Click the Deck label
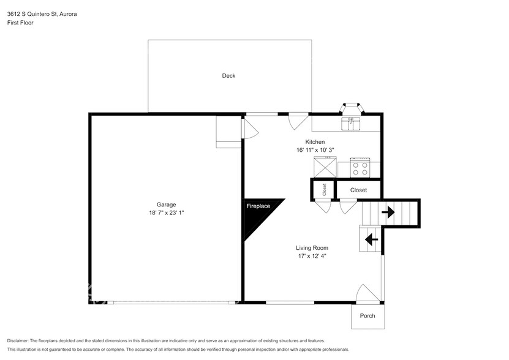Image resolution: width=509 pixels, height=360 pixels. click(x=228, y=76)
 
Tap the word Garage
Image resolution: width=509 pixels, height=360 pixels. click(x=166, y=204)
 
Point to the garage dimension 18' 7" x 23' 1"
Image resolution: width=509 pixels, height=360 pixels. click(x=166, y=213)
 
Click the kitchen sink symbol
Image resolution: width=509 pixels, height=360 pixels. click(x=352, y=123)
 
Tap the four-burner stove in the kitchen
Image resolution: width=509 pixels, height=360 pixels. click(x=360, y=167)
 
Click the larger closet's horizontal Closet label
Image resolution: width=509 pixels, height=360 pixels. click(x=358, y=190)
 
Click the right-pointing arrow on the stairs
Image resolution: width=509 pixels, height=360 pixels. click(x=388, y=212)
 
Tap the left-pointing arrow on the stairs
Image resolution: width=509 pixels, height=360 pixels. click(x=371, y=239)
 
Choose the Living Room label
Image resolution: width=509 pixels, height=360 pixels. click(x=312, y=248)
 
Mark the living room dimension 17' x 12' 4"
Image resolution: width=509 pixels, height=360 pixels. click(x=312, y=257)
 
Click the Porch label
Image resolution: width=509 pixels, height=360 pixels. click(x=367, y=316)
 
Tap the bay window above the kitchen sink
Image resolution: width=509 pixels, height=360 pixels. click(x=352, y=108)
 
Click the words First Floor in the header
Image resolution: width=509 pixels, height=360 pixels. click(x=20, y=23)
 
